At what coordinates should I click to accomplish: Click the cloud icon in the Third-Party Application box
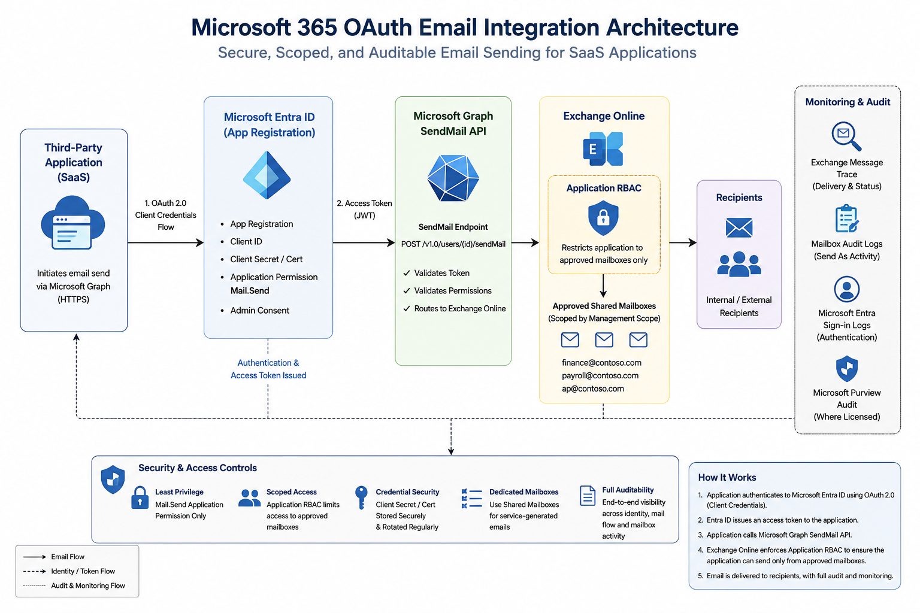pyautogui.click(x=73, y=222)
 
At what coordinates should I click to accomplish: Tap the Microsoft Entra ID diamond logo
pyautogui.click(x=267, y=175)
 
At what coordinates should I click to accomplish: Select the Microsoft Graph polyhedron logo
pyautogui.click(x=453, y=178)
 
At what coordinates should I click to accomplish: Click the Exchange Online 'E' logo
pyautogui.click(x=603, y=148)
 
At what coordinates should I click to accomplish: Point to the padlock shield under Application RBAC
pyautogui.click(x=603, y=218)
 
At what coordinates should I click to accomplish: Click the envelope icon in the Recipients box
pyautogui.click(x=739, y=227)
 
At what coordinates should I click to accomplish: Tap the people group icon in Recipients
pyautogui.click(x=739, y=263)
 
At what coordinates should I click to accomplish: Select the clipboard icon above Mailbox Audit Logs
pyautogui.click(x=846, y=219)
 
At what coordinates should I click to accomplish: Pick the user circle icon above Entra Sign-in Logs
pyautogui.click(x=846, y=289)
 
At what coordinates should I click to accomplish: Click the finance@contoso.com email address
pyautogui.click(x=601, y=363)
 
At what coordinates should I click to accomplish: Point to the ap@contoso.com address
pyautogui.click(x=592, y=389)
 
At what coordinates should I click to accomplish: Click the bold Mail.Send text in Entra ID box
pyautogui.click(x=250, y=291)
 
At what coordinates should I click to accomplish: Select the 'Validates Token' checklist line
pyautogui.click(x=436, y=273)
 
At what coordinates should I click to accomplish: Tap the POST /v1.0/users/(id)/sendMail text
pyautogui.click(x=453, y=244)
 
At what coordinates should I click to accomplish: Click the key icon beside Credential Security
pyautogui.click(x=361, y=497)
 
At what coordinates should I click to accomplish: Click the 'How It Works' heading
pyautogui.click(x=727, y=478)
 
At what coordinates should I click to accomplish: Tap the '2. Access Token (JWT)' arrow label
pyautogui.click(x=364, y=210)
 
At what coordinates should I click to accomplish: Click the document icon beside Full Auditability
pyautogui.click(x=588, y=496)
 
